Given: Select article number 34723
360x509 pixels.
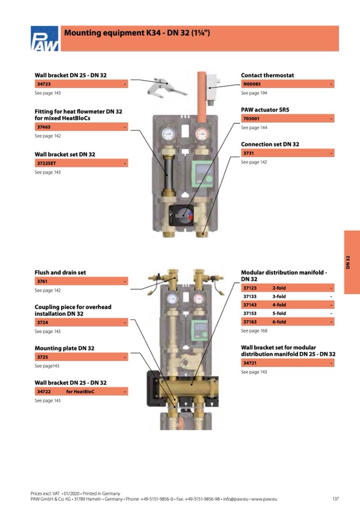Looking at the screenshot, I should coord(44,84).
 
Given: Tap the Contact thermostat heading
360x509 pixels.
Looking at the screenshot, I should coord(267,75).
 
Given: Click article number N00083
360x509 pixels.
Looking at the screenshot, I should coord(252,84).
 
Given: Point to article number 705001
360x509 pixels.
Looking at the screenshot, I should coord(251,119).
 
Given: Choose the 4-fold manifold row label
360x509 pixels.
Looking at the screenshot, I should coord(279,305).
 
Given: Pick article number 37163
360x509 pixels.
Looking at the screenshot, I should coord(250,322).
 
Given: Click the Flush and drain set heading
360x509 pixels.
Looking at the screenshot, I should coord(60,272).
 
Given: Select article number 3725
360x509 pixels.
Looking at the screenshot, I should coord(42,357).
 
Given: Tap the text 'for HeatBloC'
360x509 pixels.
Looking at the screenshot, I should coord(80,392).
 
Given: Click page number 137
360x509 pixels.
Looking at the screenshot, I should coord(335,499).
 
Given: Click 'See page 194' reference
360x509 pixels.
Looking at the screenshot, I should coord(254,93).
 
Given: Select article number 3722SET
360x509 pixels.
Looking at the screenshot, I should coord(46,163).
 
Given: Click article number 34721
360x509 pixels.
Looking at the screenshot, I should coord(250,363).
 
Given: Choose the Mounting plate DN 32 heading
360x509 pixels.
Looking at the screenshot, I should coord(64,348).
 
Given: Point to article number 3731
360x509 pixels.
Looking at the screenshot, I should coord(248,153).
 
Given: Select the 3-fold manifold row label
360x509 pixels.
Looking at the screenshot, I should coord(279,297).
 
